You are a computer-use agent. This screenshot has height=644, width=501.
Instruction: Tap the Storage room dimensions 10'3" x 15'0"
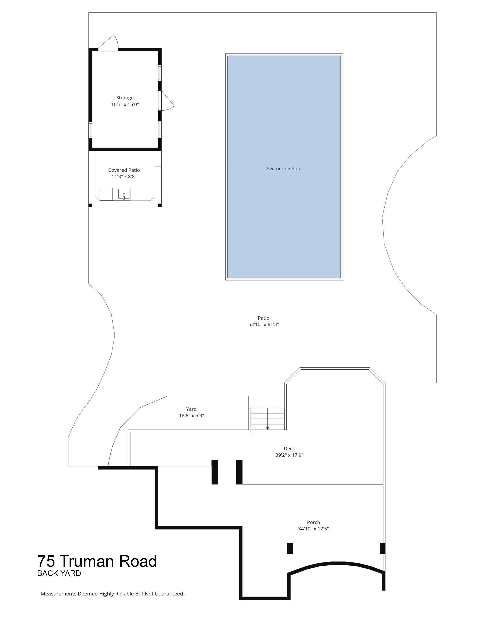pyautogui.click(x=125, y=104)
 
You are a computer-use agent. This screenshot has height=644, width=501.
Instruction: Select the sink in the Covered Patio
pyautogui.click(x=124, y=194)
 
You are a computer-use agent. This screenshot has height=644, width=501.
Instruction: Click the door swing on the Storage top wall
pyautogui.click(x=108, y=42)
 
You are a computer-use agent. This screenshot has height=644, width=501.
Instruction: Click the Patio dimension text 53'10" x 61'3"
pyautogui.click(x=263, y=324)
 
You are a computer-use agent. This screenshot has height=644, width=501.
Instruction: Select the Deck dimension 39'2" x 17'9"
pyautogui.click(x=289, y=455)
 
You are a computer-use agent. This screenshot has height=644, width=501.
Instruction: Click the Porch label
pyautogui.click(x=313, y=522)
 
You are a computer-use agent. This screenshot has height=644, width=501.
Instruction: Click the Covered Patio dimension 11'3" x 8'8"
pyautogui.click(x=124, y=177)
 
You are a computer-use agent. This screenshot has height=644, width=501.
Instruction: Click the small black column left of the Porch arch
pyautogui.click(x=290, y=548)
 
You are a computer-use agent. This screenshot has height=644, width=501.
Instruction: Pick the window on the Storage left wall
pyautogui.click(x=90, y=130)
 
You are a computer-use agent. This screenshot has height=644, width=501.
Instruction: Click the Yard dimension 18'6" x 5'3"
pyautogui.click(x=191, y=415)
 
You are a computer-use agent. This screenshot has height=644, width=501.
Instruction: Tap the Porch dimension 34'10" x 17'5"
pyautogui.click(x=313, y=529)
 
